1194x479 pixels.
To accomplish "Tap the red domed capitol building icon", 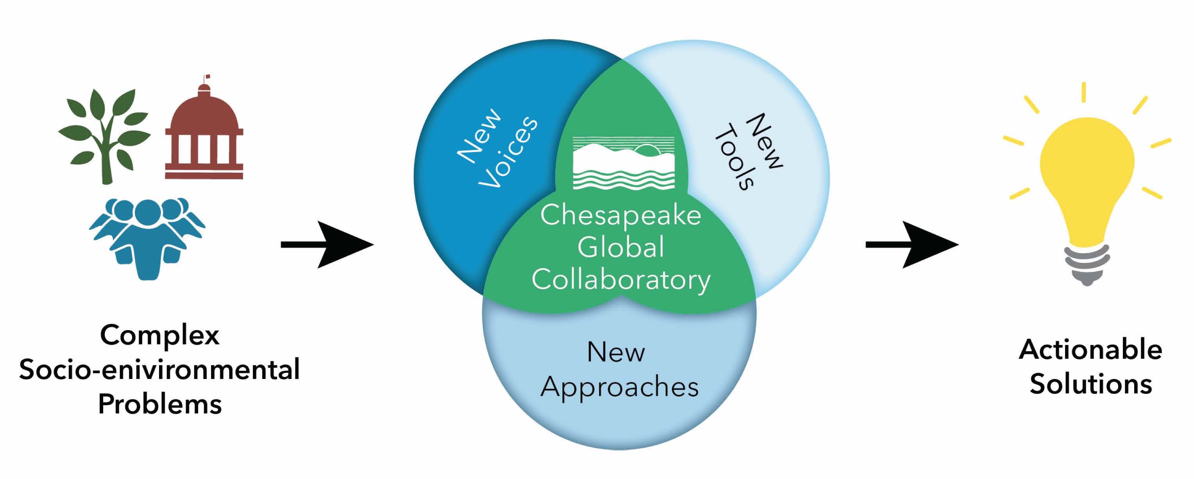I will [x=204, y=134].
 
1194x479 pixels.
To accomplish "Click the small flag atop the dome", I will [x=207, y=77].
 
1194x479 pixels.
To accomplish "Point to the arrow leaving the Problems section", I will [x=327, y=244].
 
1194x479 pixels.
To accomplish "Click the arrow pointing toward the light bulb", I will [x=911, y=244].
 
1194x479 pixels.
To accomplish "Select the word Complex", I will [x=159, y=335].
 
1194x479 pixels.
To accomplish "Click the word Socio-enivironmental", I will [x=159, y=370].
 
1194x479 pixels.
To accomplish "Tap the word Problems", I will [x=159, y=404].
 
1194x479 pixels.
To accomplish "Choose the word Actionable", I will [x=1090, y=349].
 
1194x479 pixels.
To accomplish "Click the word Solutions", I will [x=1090, y=384].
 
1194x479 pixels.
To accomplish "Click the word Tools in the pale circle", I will [x=736, y=157].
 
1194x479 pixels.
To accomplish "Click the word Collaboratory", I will [x=620, y=280].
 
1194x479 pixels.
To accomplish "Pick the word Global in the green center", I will [x=620, y=247].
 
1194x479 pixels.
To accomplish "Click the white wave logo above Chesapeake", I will [x=623, y=163].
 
